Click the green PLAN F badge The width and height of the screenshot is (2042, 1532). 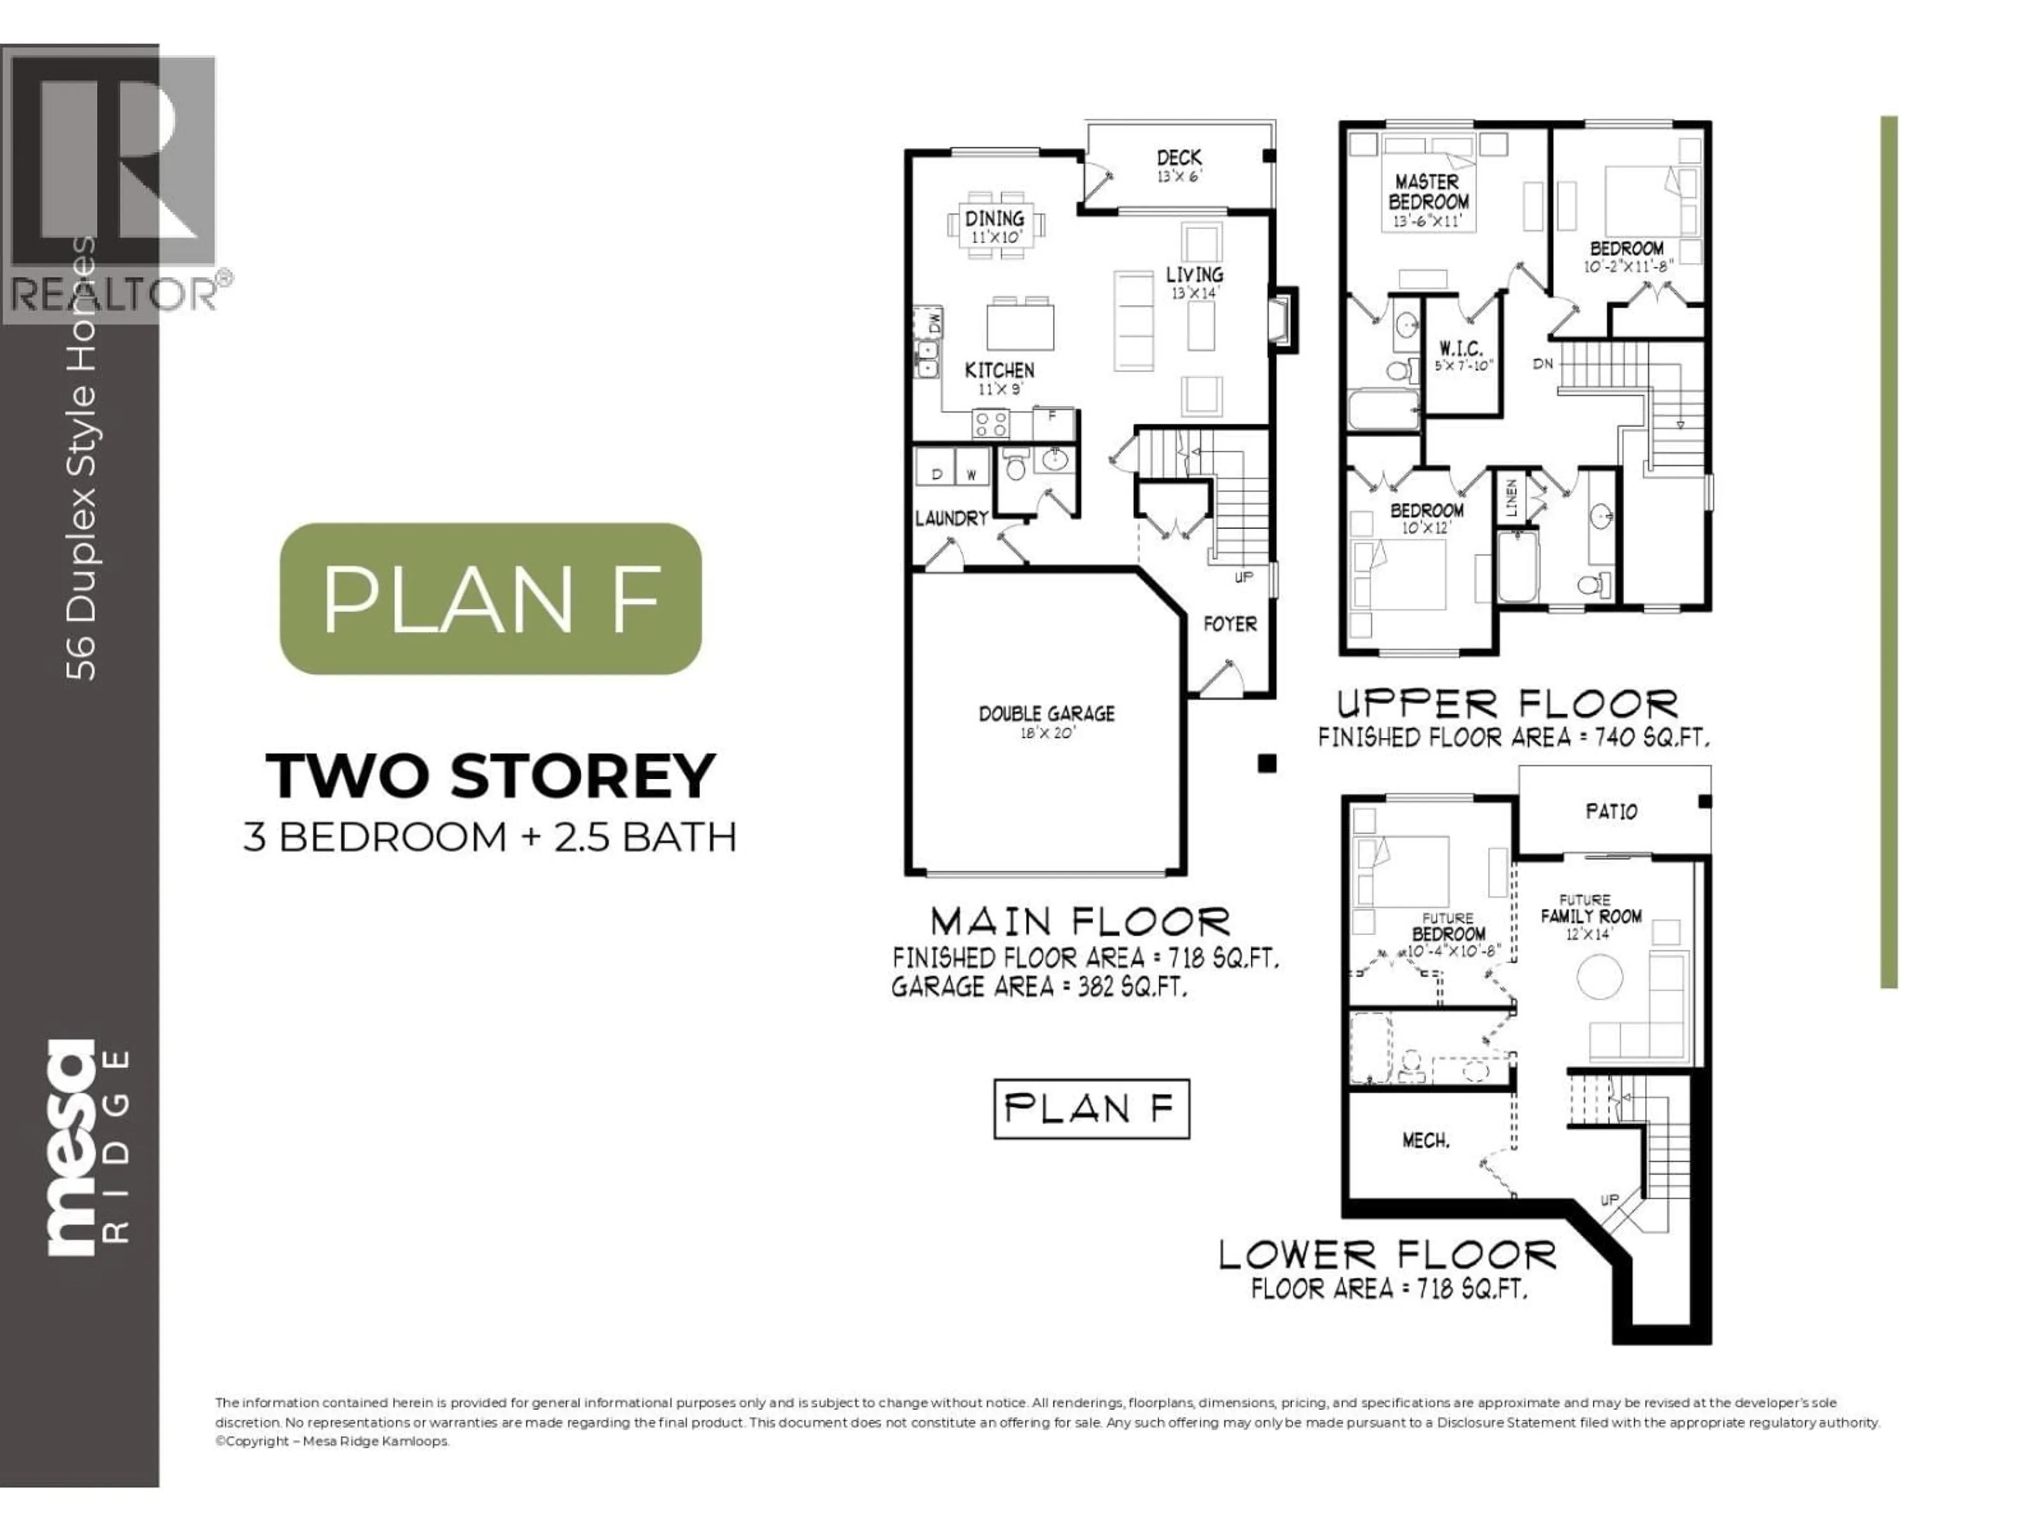[x=490, y=598]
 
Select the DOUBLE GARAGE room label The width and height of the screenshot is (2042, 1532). [x=1046, y=714]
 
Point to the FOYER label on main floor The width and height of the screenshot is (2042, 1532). [x=1229, y=625]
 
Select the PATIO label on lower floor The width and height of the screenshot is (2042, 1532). [x=1611, y=812]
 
